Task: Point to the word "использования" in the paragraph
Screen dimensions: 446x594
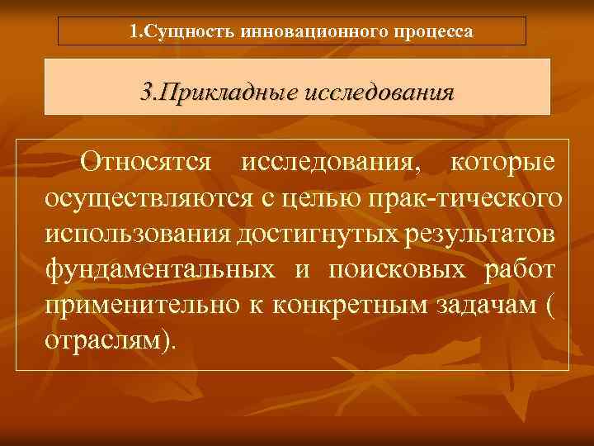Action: point(136,234)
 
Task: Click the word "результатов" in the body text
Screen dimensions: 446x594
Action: point(479,234)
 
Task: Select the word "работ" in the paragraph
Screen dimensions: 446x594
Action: point(519,269)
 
